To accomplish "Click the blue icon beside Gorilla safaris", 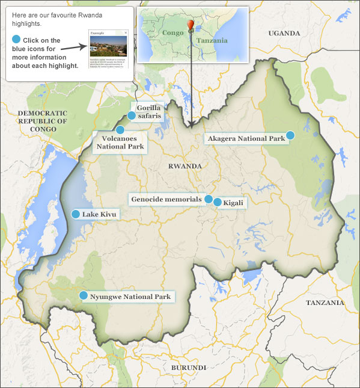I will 132,115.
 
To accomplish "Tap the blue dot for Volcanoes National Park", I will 120,130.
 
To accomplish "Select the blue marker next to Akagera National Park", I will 290,135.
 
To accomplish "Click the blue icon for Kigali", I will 218,202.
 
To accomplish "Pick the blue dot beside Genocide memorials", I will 209,199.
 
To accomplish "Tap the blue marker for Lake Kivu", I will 76,214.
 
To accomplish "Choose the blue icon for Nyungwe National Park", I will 84,295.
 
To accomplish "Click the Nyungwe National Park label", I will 130,297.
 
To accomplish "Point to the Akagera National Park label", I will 246,139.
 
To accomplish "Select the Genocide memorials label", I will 167,199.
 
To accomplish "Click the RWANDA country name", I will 184,165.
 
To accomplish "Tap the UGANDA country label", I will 284,32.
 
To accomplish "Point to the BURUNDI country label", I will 188,367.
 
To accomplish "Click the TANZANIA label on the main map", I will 325,303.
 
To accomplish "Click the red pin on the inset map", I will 191,24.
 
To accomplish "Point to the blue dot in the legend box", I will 16,40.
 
